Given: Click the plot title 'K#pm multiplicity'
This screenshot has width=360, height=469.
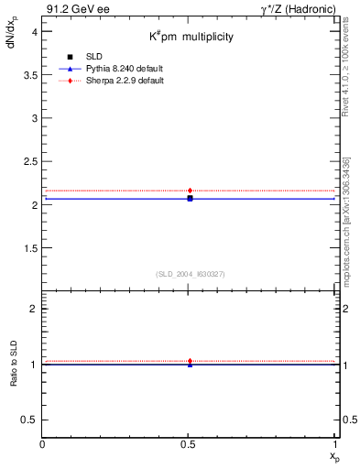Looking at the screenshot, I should (x=191, y=38).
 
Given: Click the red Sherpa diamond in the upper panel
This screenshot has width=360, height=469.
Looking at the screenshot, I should (x=190, y=191).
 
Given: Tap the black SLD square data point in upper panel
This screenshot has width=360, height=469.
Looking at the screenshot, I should (x=190, y=198).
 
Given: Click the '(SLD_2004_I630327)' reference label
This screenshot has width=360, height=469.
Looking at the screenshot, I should (x=190, y=274).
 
